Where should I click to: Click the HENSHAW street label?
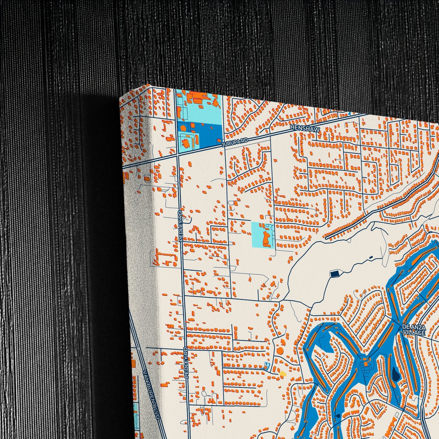305,129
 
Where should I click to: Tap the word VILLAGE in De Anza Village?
414,333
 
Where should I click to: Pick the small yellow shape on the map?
283,373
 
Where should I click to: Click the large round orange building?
280,351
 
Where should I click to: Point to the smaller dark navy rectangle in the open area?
371,258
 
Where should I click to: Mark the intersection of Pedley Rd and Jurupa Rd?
177,154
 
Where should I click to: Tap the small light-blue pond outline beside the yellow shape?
267,365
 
